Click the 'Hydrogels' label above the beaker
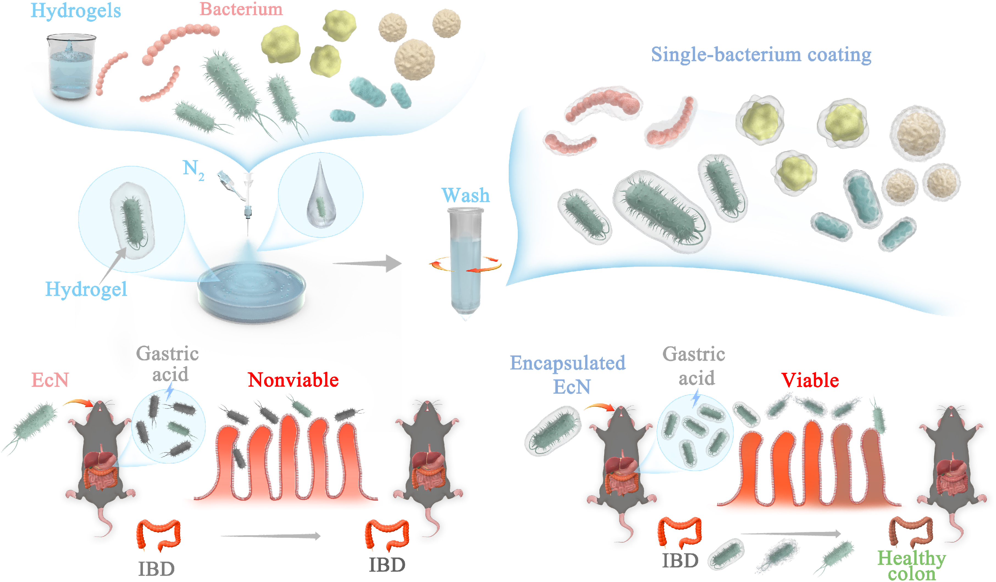tap(76, 11)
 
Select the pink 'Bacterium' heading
tap(241, 9)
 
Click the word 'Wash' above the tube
tap(466, 195)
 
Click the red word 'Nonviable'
tap(293, 380)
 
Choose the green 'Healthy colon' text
tap(911, 566)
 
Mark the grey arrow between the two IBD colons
tap(271, 536)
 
